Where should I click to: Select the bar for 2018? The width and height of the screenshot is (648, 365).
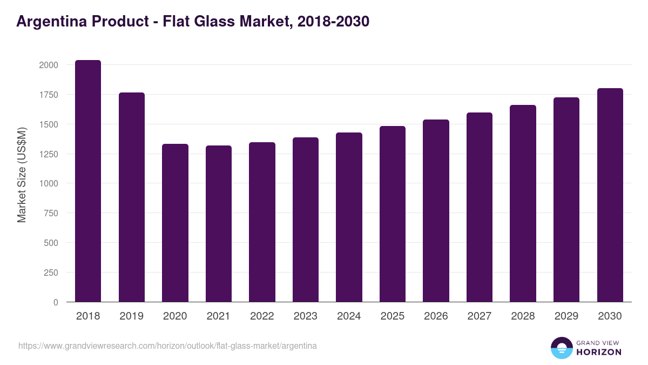point(88,181)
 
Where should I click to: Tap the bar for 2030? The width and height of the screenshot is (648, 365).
point(610,195)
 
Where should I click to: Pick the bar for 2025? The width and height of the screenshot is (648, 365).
point(392,214)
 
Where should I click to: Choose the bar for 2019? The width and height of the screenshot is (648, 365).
point(131,197)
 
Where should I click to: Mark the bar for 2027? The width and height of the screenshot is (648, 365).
point(479,207)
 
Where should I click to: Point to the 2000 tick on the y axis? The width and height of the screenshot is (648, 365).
point(49,65)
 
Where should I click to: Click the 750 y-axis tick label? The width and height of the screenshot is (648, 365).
point(51,213)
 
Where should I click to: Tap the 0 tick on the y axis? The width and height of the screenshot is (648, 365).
point(55,302)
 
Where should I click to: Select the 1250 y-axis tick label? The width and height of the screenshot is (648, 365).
point(49,154)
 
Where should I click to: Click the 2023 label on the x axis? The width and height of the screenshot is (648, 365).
point(305,316)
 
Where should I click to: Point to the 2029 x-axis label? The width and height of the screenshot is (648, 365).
point(566,316)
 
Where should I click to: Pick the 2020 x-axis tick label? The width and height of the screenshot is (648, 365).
point(174,316)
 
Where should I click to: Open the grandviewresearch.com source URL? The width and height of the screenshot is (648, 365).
point(167,346)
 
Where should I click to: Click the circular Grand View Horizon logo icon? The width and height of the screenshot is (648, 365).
point(561,348)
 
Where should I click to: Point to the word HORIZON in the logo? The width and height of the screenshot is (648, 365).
point(599,352)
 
